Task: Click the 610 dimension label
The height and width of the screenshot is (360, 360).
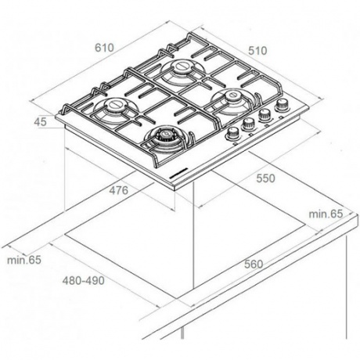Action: (x=104, y=48)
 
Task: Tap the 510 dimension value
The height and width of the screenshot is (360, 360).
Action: (x=257, y=51)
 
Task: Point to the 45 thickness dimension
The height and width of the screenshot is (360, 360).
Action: (x=41, y=122)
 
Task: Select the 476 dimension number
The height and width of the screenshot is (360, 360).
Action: (x=119, y=190)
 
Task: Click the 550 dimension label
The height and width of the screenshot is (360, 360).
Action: (x=265, y=178)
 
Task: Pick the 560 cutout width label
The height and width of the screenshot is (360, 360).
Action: (x=254, y=264)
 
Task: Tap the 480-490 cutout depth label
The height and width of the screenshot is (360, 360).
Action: (x=83, y=280)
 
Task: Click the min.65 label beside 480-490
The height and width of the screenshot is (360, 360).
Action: (x=24, y=260)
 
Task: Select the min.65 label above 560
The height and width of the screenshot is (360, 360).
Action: (x=326, y=214)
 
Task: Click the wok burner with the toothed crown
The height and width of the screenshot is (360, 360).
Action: (x=164, y=136)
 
